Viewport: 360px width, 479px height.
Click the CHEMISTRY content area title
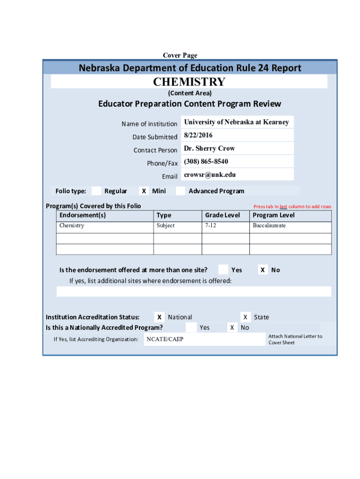[x=189, y=82]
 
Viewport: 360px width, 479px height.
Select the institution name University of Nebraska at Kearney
[x=236, y=122]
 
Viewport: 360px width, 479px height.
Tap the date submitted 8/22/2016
[x=198, y=135]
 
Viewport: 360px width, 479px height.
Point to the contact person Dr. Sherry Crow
[x=209, y=148]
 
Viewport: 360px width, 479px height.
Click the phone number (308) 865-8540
[x=206, y=161]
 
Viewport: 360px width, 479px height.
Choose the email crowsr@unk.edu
[x=209, y=174]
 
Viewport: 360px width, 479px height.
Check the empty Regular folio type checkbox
[x=96, y=191]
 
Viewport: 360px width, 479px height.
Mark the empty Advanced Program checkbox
[x=180, y=191]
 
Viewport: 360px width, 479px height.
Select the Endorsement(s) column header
[x=82, y=215]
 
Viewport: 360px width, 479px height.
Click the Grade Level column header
[x=222, y=215]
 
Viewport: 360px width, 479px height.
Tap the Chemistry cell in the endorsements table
[x=72, y=225]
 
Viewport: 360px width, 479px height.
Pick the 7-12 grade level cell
[x=210, y=225]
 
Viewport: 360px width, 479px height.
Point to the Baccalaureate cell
[x=269, y=225]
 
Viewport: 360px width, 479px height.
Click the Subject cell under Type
[x=166, y=225]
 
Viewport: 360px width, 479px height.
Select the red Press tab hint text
[x=292, y=206]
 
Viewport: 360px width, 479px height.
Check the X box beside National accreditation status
[x=160, y=317]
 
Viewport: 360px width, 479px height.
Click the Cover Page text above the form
[x=180, y=55]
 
